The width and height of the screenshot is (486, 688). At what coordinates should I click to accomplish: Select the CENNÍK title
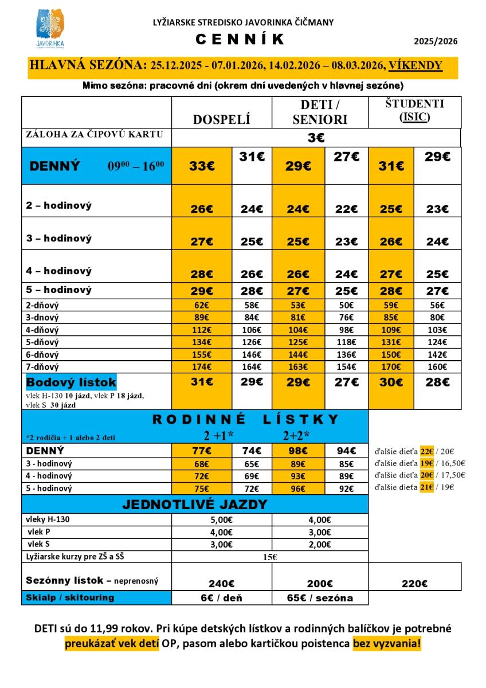(240, 40)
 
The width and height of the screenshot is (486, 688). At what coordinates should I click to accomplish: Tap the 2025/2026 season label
(436, 41)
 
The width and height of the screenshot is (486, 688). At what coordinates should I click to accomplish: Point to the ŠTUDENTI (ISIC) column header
(414, 111)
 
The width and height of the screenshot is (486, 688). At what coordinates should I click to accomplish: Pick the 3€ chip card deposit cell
(316, 138)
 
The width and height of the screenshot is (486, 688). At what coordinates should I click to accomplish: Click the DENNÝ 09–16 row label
(96, 166)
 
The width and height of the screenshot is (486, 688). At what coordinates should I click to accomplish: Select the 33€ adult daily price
(202, 166)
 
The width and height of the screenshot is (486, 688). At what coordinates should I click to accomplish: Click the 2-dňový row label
(43, 306)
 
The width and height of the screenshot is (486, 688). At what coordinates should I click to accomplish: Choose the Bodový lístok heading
(71, 382)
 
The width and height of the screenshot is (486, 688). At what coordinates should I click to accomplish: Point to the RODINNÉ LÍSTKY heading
(246, 420)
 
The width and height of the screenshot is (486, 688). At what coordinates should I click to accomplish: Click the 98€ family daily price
(298, 451)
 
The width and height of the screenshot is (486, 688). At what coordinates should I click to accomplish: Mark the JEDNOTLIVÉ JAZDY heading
(194, 505)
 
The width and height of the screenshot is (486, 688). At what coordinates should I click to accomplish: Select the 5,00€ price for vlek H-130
(221, 520)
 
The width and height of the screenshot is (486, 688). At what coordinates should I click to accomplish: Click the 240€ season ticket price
(221, 584)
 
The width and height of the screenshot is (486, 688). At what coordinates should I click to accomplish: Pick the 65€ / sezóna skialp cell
(320, 597)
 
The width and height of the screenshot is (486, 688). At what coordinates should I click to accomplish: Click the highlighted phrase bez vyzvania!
(387, 643)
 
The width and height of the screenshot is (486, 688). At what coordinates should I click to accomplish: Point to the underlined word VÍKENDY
(415, 65)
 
